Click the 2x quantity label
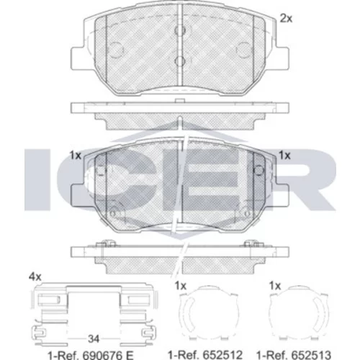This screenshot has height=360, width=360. pyautogui.click(x=286, y=18)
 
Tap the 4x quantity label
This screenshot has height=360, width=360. pyautogui.click(x=35, y=277)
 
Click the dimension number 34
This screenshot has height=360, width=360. pyautogui.click(x=94, y=338)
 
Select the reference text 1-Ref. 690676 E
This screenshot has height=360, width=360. pyautogui.click(x=91, y=355)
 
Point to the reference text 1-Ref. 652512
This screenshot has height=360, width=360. pyautogui.click(x=205, y=355)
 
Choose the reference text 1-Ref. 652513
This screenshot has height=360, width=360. pyautogui.click(x=294, y=355)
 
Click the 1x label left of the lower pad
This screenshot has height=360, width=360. pyautogui.click(x=76, y=156)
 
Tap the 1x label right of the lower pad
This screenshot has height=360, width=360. pyautogui.click(x=284, y=156)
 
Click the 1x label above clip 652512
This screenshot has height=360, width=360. pyautogui.click(x=181, y=286)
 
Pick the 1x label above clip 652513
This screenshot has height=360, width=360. pyautogui.click(x=275, y=286)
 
